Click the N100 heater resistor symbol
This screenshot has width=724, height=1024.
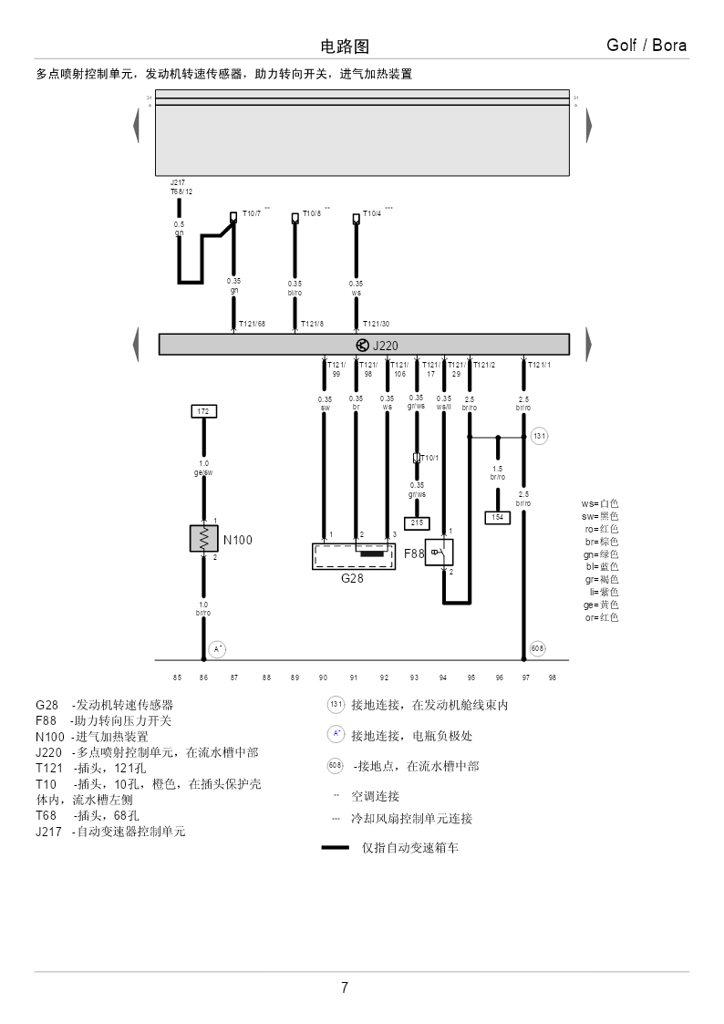click(x=203, y=538)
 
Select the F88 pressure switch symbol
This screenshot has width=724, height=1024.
click(x=439, y=552)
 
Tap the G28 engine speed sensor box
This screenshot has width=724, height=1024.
click(x=353, y=555)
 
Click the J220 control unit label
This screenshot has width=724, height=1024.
click(x=385, y=346)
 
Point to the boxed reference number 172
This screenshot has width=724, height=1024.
click(x=203, y=412)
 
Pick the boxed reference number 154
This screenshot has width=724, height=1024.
click(x=497, y=517)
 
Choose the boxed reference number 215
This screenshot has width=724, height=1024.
click(x=417, y=522)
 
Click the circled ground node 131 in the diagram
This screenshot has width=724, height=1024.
click(x=539, y=437)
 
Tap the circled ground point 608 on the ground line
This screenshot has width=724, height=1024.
click(x=538, y=647)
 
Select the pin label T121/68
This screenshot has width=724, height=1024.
click(x=252, y=324)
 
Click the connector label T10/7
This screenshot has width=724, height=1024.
click(x=250, y=214)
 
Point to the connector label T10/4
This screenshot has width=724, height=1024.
click(x=372, y=214)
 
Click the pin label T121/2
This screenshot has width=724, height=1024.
click(x=483, y=365)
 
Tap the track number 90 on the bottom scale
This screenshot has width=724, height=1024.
click(x=323, y=677)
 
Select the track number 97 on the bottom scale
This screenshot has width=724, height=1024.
click(x=526, y=677)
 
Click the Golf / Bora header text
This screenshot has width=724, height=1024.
click(x=646, y=46)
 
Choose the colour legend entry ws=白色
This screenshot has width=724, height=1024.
click(x=600, y=503)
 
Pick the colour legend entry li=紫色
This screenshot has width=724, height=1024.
click(x=604, y=592)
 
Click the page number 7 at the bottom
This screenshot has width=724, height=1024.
click(x=344, y=988)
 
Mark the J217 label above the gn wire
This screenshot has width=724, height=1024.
click(x=178, y=182)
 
